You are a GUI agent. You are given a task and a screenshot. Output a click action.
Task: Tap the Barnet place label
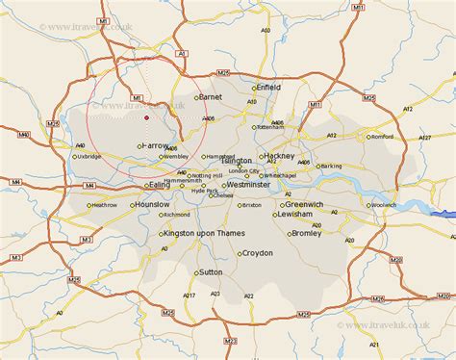210,97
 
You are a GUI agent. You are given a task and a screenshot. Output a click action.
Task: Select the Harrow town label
156,145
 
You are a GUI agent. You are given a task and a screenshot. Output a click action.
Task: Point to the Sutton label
212,272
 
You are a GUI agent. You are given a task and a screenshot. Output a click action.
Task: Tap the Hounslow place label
153,205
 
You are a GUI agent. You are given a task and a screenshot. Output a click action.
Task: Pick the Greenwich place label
311,204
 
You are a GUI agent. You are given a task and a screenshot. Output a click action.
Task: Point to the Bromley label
305,233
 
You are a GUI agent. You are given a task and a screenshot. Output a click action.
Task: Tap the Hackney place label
279,155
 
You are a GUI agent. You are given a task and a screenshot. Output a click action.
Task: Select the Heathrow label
103,204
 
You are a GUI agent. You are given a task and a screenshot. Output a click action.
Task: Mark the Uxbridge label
89,156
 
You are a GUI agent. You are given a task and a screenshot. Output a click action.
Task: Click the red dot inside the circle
146,117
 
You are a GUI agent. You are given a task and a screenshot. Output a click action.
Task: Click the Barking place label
331,166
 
